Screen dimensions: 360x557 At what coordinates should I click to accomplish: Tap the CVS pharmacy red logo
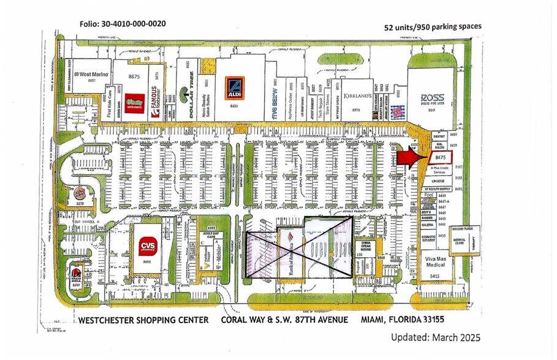(146, 244)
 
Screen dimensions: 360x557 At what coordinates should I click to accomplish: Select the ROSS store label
(432, 99)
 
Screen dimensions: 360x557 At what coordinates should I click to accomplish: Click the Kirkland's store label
(355, 97)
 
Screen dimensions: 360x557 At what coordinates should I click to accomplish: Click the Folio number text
(122, 24)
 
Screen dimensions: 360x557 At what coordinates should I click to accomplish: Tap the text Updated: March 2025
(435, 337)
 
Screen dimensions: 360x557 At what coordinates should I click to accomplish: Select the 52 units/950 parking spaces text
(433, 27)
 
